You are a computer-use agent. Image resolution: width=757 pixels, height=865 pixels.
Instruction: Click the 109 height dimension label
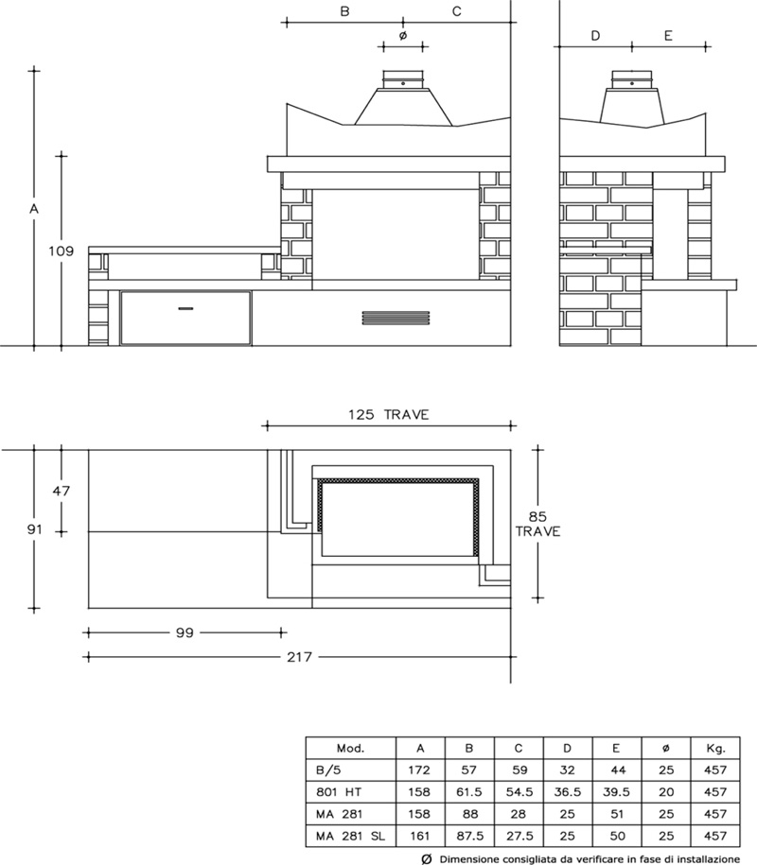[x=61, y=251]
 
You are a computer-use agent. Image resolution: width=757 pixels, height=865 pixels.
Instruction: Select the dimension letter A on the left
[x=34, y=209]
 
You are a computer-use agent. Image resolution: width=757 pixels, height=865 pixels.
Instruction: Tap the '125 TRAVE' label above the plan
[x=388, y=415]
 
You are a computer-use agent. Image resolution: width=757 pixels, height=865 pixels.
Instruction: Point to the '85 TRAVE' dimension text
[x=537, y=524]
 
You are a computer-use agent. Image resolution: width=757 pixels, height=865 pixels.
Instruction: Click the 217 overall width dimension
[x=299, y=657]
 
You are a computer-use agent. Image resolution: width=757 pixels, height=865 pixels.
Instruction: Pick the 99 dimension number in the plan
[x=185, y=632]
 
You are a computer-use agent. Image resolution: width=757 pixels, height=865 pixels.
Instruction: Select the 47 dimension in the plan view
[x=62, y=491]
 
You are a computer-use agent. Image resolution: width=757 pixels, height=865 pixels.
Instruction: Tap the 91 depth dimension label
[x=34, y=529]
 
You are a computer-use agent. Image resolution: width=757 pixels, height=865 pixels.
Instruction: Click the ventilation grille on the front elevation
[x=396, y=319]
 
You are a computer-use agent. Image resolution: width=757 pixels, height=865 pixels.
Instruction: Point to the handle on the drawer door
[x=185, y=308]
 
